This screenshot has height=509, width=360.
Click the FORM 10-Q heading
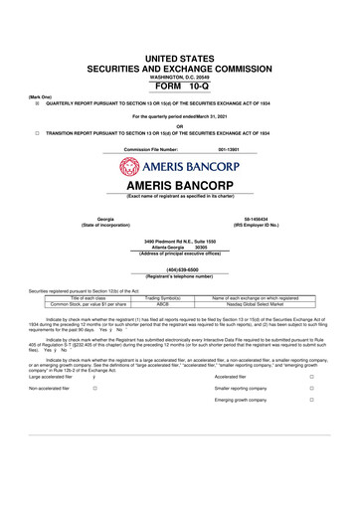click(x=179, y=56)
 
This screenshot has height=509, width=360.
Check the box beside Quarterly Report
click(x=36, y=101)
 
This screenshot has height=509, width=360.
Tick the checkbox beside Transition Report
click(x=36, y=132)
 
